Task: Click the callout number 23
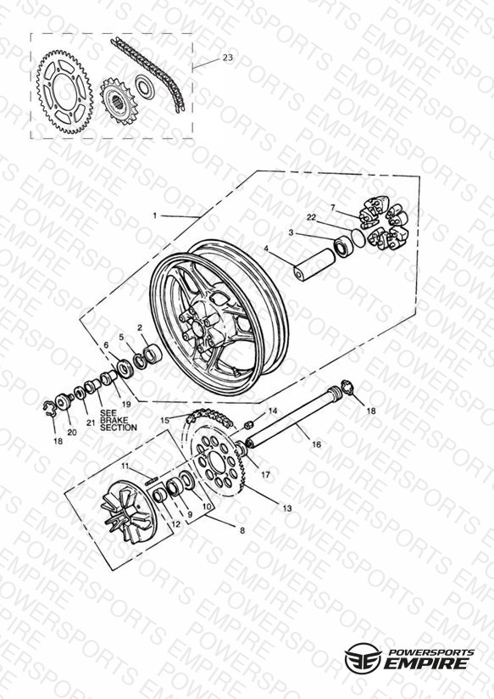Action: tap(228, 58)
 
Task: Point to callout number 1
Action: tap(154, 215)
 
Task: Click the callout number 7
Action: tap(332, 207)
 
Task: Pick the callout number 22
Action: tap(324, 217)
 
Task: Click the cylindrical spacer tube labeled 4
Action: tap(315, 266)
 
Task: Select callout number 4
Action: tap(266, 249)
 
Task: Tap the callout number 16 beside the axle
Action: tap(316, 444)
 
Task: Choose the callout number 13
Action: tap(287, 508)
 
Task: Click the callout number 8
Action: tap(242, 530)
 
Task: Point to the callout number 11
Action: tap(125, 467)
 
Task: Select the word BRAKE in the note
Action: tap(114, 420)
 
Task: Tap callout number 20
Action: tap(72, 432)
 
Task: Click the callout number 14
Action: tap(273, 411)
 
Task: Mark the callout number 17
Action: tap(265, 475)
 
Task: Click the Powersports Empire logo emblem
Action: tap(363, 657)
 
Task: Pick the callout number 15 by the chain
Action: tap(165, 420)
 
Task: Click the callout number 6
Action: tap(106, 345)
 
